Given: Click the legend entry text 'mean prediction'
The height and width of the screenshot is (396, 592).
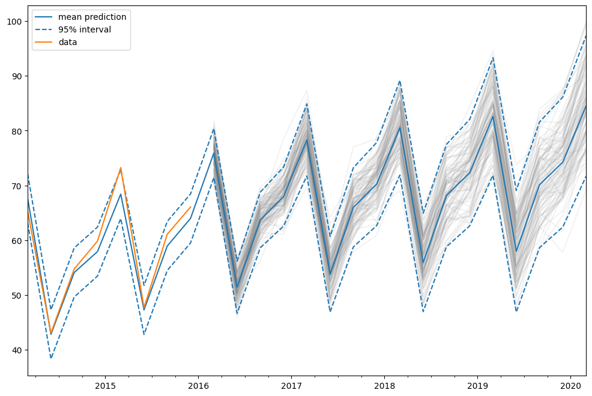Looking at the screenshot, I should (x=92, y=16).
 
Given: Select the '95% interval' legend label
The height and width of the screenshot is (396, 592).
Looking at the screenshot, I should (x=85, y=29).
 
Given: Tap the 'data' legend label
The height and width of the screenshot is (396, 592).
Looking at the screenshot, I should (x=67, y=42).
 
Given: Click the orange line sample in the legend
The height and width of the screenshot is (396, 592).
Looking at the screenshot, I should (x=44, y=42).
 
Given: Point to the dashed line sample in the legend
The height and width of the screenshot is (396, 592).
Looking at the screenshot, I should (x=44, y=29).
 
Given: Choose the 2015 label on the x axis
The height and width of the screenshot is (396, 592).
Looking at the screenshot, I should (x=105, y=385).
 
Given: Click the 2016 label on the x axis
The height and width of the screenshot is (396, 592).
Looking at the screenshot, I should (x=198, y=385).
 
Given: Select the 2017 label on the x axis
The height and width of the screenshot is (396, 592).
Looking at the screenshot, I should (x=291, y=385).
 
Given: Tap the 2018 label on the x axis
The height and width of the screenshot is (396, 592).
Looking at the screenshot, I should (x=384, y=385).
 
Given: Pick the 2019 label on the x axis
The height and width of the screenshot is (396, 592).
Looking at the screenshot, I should (x=477, y=385).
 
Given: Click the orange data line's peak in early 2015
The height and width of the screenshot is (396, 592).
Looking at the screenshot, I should (x=121, y=168).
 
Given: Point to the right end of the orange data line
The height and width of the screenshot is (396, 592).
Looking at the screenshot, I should (x=191, y=207).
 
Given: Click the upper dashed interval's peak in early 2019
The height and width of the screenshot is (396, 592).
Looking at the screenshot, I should (x=493, y=57).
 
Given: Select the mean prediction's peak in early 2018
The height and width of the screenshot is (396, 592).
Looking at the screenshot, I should (x=400, y=127).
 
